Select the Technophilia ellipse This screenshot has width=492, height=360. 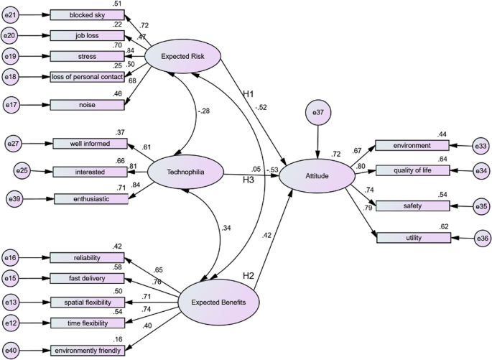point(185,173)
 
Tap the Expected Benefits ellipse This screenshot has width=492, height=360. point(219,302)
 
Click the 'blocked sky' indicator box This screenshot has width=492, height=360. point(87,15)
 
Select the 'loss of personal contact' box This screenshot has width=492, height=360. point(87,77)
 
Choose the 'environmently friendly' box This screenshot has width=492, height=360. point(86,351)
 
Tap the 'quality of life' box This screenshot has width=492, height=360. point(412,170)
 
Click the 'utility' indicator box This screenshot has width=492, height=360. point(412,238)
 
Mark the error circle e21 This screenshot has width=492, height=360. point(12,15)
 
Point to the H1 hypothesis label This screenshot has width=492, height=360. point(248,94)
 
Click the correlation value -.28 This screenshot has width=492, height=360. point(205,111)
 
